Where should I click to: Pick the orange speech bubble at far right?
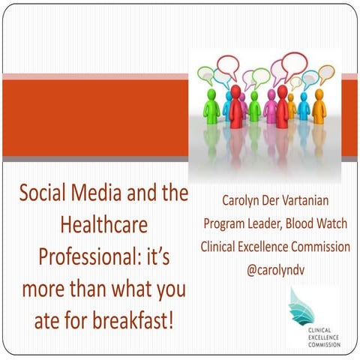pyautogui.click(x=325, y=73)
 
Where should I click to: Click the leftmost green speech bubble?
pyautogui.click(x=205, y=73)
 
